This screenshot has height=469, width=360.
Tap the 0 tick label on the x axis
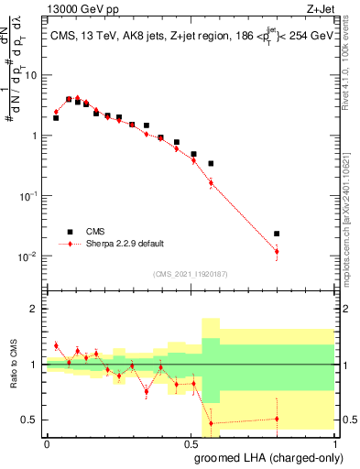(x=47, y=442)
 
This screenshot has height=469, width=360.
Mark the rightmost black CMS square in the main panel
(x=277, y=234)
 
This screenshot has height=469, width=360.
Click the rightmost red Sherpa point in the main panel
(x=277, y=251)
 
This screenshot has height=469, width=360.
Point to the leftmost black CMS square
(x=56, y=118)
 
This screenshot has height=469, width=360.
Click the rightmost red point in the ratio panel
(x=277, y=419)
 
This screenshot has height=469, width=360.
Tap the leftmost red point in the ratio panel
(x=56, y=346)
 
